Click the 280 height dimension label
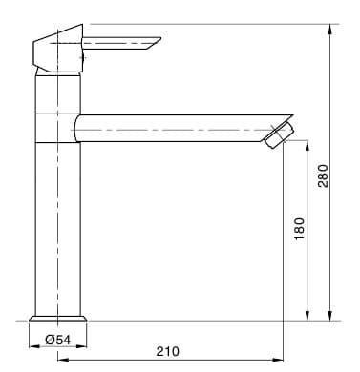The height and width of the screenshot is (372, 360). coord(323,176)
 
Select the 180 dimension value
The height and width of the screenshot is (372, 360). coord(299,229)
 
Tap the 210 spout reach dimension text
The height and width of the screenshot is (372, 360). coord(167,351)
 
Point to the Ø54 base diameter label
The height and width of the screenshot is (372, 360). coord(57,340)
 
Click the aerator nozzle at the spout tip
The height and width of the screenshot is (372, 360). coord(278,135)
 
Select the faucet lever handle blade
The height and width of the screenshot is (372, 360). coord(121,43)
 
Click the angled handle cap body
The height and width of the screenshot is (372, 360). coord(58,49)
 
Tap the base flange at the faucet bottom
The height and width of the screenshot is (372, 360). coord(58,319)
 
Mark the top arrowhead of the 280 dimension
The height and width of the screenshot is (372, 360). coord(331,29)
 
